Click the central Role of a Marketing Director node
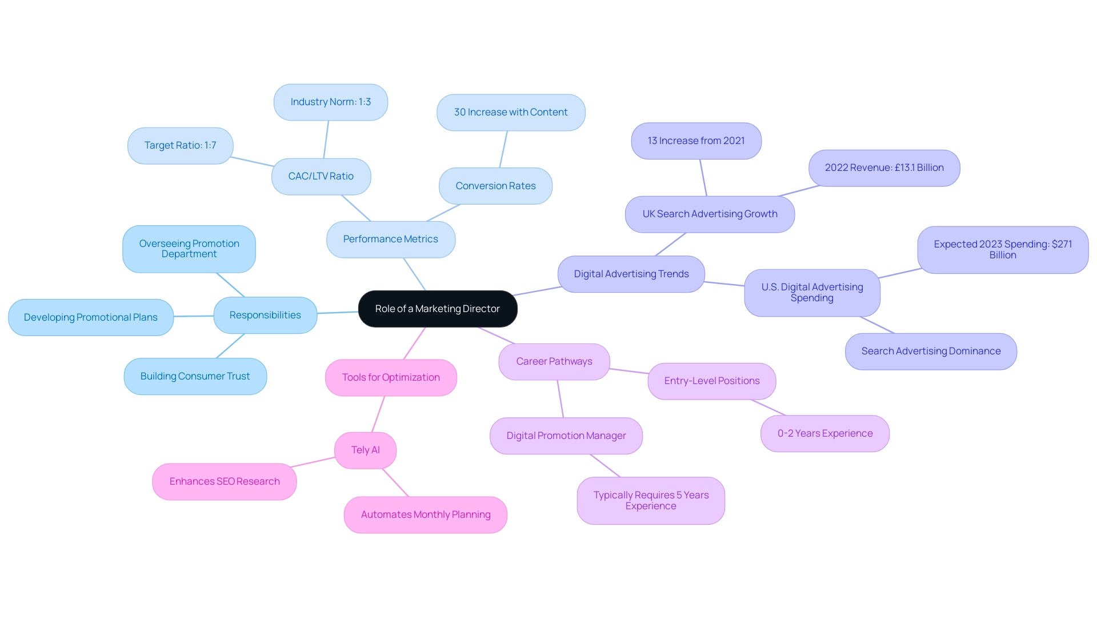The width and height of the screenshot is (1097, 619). tap(438, 309)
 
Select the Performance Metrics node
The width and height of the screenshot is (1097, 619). tap(391, 239)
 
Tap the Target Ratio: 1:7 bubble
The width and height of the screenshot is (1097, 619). tap(180, 146)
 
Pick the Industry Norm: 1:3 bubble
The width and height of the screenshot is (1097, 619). tap(331, 102)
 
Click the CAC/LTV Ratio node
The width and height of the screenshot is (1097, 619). tap(321, 177)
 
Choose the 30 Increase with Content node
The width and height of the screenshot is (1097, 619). tap(511, 113)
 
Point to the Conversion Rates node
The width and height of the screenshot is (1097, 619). tap(495, 186)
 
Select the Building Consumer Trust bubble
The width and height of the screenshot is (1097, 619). tap(195, 376)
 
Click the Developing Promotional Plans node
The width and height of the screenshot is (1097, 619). tap(91, 317)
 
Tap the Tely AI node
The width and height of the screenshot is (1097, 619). tap(365, 450)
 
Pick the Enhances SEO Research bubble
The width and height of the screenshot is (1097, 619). tap(225, 482)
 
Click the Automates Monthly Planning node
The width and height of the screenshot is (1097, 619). tap(426, 515)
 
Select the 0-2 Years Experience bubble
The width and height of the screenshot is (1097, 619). tap(825, 434)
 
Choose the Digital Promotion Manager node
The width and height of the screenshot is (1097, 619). tap(566, 436)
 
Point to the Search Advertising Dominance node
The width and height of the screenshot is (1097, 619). tap(931, 352)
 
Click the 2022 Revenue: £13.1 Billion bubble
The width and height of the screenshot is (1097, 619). tap(884, 168)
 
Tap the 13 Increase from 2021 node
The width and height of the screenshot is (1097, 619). tap(696, 141)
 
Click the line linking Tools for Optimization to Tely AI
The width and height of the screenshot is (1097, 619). tap(378, 414)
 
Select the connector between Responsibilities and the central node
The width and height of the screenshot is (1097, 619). tap(338, 313)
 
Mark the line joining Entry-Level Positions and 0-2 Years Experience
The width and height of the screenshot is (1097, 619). tap(769, 408)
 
